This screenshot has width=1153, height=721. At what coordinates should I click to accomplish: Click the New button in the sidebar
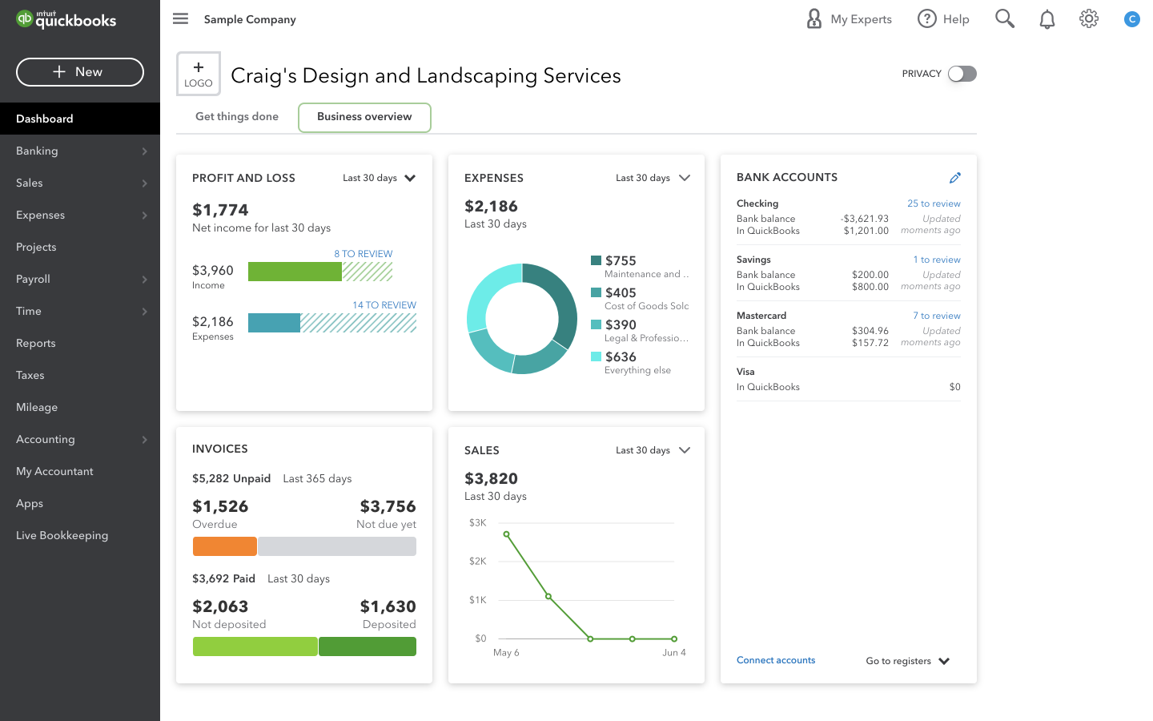click(x=80, y=72)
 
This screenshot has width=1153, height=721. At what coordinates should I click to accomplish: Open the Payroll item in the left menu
click(x=34, y=279)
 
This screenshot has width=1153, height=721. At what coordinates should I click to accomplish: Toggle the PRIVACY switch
click(x=962, y=74)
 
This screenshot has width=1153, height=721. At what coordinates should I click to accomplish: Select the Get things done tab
click(x=237, y=117)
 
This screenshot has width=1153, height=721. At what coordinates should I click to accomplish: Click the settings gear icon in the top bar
click(x=1088, y=19)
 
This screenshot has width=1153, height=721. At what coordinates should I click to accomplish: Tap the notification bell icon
click(x=1047, y=19)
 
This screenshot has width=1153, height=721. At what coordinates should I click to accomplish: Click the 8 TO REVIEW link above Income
click(x=363, y=254)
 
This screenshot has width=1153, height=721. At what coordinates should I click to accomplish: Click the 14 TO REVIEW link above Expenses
click(x=384, y=305)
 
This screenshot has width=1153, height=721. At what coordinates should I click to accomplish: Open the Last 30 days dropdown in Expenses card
click(x=653, y=178)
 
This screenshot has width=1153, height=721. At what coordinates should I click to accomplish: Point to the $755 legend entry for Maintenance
click(x=621, y=261)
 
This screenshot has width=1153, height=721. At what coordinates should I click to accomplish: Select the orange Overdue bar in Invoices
click(x=225, y=546)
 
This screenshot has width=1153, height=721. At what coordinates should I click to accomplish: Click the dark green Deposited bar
click(x=368, y=646)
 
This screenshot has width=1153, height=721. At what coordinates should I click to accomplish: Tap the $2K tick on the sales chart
click(x=478, y=562)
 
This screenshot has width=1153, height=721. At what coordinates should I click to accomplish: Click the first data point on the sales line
click(x=506, y=534)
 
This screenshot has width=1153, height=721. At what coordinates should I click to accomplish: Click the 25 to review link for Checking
click(x=934, y=203)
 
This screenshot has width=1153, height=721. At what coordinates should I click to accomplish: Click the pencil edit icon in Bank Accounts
click(x=954, y=178)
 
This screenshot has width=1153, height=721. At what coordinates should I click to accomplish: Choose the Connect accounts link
click(x=775, y=660)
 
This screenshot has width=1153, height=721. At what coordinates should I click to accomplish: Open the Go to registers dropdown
click(x=907, y=661)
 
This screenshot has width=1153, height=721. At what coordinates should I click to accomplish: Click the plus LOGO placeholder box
click(x=199, y=74)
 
